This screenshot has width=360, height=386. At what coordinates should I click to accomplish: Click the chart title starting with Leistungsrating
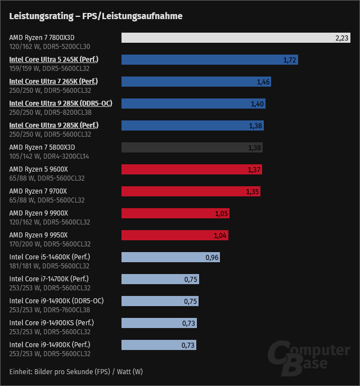coord(96,16)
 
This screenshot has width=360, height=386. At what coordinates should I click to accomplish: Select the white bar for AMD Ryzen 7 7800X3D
coord(237,38)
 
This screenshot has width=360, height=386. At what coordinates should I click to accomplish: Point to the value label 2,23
coord(341,38)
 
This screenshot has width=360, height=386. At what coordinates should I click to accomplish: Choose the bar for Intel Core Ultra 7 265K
coord(197,82)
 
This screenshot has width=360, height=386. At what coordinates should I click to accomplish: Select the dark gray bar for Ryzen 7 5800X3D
coord(192,147)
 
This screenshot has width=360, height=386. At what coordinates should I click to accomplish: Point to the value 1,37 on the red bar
coord(254,169)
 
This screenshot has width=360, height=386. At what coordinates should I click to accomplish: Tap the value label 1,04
coord(220,235)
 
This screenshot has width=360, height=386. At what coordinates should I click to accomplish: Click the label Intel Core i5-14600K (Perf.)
coord(50,257)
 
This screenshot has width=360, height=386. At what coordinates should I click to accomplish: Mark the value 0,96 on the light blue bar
coord(211,257)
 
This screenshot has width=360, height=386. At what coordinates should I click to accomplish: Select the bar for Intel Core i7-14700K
coord(160,279)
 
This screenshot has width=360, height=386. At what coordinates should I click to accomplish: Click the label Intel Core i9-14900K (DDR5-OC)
coord(56,300)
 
